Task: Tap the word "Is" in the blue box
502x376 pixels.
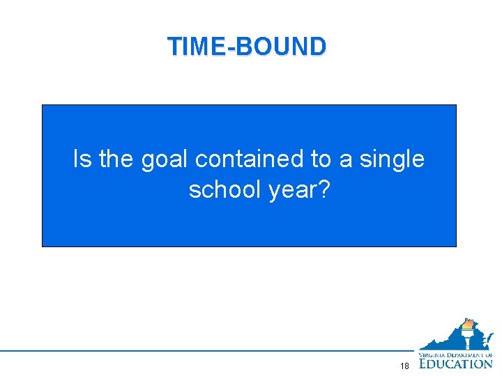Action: point(82,159)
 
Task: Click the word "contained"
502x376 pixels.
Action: point(250,159)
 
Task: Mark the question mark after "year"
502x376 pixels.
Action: point(323,189)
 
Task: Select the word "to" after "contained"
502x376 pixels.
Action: point(321,160)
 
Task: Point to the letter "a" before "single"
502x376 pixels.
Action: point(346,162)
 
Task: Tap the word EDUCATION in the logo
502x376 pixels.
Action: point(455,363)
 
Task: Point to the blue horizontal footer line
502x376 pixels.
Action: point(209,350)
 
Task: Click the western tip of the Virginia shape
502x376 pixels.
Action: point(420,347)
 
